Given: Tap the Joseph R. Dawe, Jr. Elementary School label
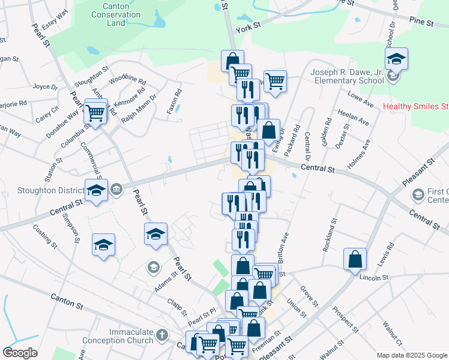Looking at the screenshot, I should coord(347,76).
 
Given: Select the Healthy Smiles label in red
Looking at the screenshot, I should coord(415,107).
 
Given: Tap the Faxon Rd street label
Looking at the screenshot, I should coord(174,102).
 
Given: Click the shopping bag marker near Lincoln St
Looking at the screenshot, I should coord(355,259).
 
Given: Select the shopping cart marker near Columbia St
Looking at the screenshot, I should coord(95,112).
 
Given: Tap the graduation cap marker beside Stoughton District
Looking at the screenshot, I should coord(96,190).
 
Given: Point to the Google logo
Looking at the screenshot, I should coord(20,353).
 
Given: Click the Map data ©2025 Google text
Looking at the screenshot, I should coord(411,355).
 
